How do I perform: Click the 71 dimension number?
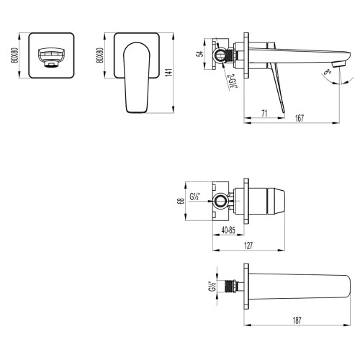coord(265,112)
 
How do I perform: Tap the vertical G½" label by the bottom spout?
coord(210,286)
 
